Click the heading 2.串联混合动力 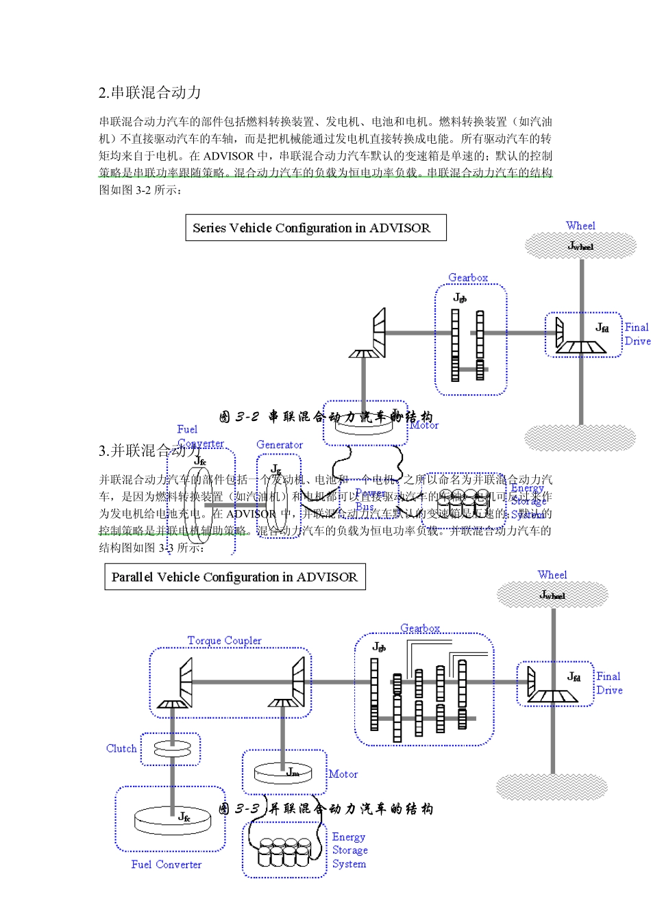(x=149, y=93)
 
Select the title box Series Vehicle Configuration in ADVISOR (x=315, y=228)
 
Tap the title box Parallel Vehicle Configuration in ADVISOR (x=234, y=577)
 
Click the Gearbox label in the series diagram (x=468, y=278)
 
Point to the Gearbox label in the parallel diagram (x=420, y=628)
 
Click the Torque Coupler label (x=224, y=641)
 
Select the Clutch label (x=121, y=749)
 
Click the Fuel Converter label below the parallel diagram (x=167, y=865)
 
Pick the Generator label (x=280, y=445)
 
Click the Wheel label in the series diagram (x=580, y=226)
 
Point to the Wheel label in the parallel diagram (x=552, y=575)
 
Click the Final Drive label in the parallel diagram (x=609, y=683)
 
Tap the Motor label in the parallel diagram (x=343, y=774)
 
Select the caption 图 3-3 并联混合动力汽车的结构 (x=326, y=809)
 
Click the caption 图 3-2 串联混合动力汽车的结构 (x=326, y=417)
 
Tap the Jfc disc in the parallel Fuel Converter (x=172, y=819)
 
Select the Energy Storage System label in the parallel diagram (x=349, y=850)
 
